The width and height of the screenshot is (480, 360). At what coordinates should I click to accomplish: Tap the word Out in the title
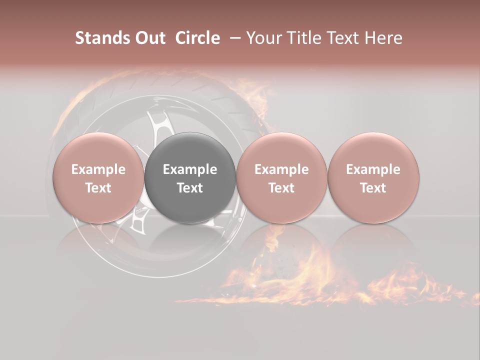pos(149,38)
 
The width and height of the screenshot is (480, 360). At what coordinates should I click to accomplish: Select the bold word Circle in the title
pos(197,38)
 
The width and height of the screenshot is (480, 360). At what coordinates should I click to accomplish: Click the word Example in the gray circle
pos(190,169)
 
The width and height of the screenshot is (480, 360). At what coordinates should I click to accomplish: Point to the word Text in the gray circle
pos(190,188)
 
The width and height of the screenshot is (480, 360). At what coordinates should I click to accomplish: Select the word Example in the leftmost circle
pos(98,169)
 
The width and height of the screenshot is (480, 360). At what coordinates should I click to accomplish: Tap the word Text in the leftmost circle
pos(98,188)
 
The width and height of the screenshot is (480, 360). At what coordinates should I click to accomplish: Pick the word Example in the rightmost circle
pos(373,169)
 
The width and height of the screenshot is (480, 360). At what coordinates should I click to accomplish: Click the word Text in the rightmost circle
pos(373,188)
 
